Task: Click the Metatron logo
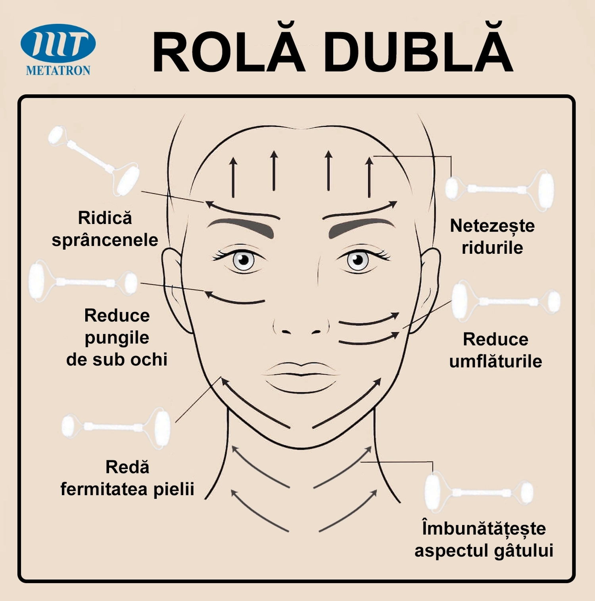pyautogui.click(x=58, y=49)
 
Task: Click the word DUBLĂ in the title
pyautogui.click(x=418, y=52)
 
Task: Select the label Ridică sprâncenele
pyautogui.click(x=105, y=229)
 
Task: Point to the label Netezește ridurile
pyautogui.click(x=492, y=237)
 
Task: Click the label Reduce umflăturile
pyautogui.click(x=495, y=350)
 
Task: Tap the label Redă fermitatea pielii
pyautogui.click(x=127, y=478)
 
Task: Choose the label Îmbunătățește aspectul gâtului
pyautogui.click(x=484, y=539)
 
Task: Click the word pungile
pyautogui.click(x=117, y=338)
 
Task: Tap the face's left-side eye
pyautogui.click(x=243, y=260)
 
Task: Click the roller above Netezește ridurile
pyautogui.click(x=500, y=189)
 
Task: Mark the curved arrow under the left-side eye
pyautogui.click(x=234, y=299)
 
